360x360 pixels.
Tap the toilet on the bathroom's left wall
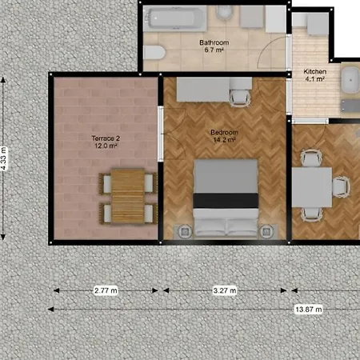(154, 54)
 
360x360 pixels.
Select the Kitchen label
(314, 71)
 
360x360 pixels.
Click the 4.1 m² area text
(314, 79)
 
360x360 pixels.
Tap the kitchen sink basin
(351, 80)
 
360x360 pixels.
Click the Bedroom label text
(223, 133)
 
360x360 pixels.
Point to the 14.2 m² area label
(223, 141)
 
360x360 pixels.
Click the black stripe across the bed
(227, 198)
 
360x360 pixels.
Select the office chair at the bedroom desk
(239, 97)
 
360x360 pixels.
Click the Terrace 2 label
(104, 138)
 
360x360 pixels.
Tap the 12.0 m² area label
(104, 146)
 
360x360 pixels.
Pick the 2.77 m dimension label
(107, 292)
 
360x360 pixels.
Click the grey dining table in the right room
(311, 187)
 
